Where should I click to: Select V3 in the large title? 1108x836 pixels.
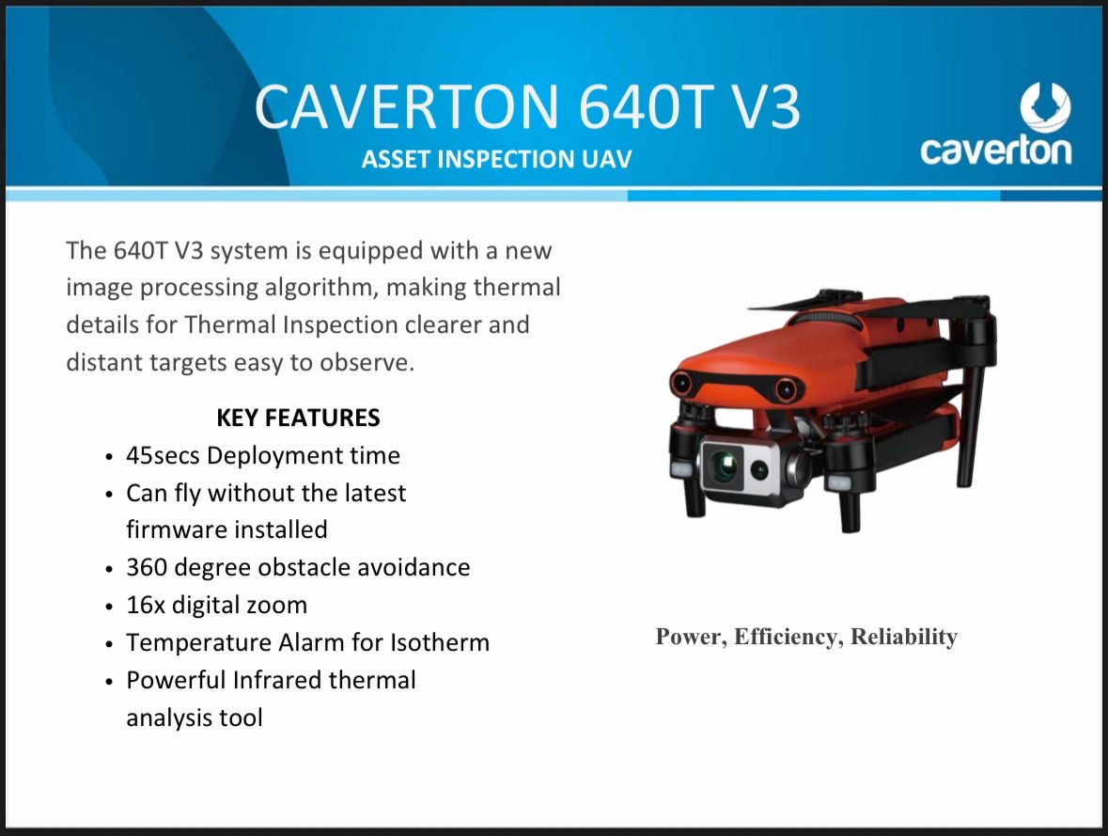(765, 107)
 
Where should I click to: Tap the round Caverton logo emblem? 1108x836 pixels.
(1045, 107)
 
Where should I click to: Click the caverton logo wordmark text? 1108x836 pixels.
(996, 150)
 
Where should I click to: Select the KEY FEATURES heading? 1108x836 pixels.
(298, 418)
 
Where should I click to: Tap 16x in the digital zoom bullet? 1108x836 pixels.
(145, 606)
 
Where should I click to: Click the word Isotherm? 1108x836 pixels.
(440, 642)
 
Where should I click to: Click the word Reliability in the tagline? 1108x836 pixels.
(904, 637)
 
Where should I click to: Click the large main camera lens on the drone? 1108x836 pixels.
(724, 466)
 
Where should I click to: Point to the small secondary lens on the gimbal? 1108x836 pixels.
(759, 469)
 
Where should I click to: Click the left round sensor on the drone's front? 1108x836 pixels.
(681, 383)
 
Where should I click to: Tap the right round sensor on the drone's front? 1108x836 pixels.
(785, 388)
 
